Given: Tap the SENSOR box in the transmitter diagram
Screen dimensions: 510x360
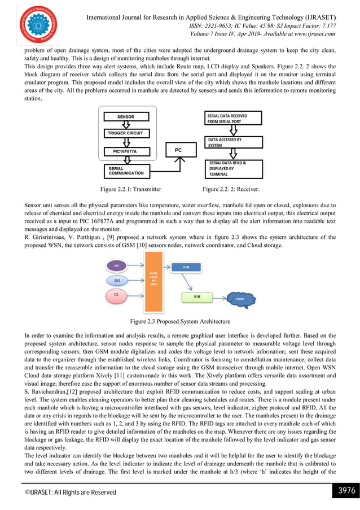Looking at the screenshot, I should pyautogui.click(x=125, y=117).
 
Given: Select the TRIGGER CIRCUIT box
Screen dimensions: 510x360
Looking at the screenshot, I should pyautogui.click(x=125, y=134).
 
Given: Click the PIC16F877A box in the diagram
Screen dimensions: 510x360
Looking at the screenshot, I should pyautogui.click(x=125, y=151).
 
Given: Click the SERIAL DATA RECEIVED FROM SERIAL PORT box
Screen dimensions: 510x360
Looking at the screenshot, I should pyautogui.click(x=233, y=119).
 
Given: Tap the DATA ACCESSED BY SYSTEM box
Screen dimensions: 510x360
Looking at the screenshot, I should pyautogui.click(x=233, y=142).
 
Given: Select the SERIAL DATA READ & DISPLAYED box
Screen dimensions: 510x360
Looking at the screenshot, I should pyautogui.click(x=233, y=169).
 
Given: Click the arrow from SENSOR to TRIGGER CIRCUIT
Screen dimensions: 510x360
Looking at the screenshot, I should pyautogui.click(x=125, y=125).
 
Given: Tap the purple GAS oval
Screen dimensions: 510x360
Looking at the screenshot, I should pyautogui.click(x=117, y=265).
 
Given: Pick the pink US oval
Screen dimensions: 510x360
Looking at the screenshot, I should pyautogui.click(x=116, y=295).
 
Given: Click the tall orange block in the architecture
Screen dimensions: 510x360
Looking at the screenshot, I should pyautogui.click(x=153, y=280).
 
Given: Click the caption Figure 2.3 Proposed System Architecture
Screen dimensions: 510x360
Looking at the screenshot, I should pyautogui.click(x=180, y=321).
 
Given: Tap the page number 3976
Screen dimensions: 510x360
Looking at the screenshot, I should pyautogui.click(x=345, y=490).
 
